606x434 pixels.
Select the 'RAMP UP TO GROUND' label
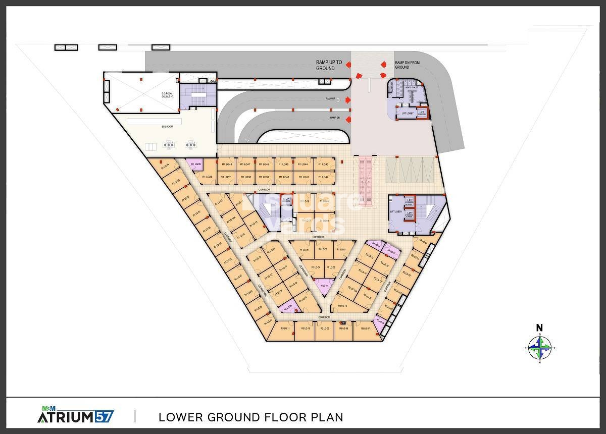pos(329,65)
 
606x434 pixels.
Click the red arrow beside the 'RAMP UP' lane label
pos(348,100)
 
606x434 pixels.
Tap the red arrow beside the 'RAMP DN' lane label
pos(348,118)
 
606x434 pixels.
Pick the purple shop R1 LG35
pos(195,164)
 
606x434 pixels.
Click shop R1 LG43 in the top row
pos(324,165)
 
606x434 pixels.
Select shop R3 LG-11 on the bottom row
pos(285,329)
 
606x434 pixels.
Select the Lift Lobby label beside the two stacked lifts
pos(395,212)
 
